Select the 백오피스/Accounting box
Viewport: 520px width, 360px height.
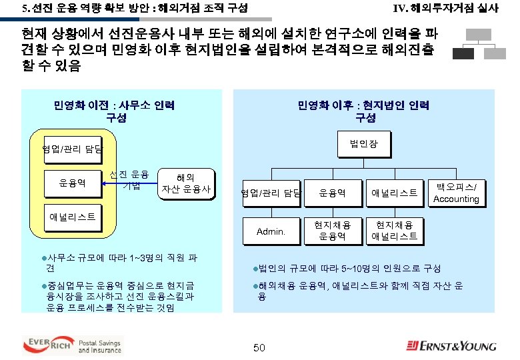pos(456,193)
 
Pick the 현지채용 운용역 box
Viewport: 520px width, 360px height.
pos(331,231)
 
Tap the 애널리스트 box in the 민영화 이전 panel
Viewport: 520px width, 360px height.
pos(73,218)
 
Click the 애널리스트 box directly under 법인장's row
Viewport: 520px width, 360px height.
pos(394,193)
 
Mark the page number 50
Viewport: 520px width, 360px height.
pos(259,347)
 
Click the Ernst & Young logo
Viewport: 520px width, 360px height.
pos(452,345)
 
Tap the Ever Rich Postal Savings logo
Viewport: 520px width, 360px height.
pos(72,345)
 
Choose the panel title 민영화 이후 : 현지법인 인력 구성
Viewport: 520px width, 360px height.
pos(364,111)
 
